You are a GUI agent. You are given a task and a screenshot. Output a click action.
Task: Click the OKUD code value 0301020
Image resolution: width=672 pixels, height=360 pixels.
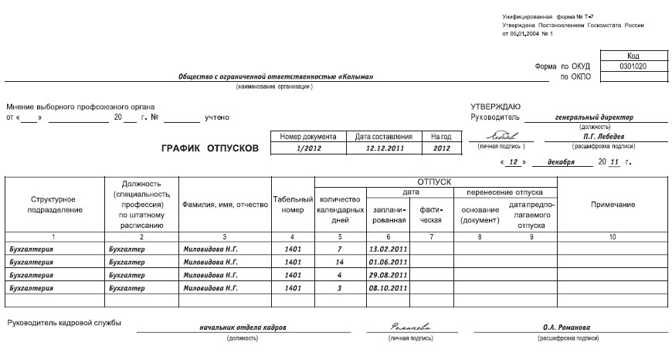(633, 66)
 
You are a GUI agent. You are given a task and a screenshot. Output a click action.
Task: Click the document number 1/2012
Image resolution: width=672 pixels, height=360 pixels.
(308, 148)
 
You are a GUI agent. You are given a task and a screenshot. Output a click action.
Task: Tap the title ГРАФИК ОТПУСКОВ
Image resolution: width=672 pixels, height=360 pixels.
(210, 148)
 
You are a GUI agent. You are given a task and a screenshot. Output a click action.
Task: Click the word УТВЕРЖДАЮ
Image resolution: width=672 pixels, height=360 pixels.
(495, 107)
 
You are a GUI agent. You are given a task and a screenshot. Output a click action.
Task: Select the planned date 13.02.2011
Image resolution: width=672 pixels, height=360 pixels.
(388, 250)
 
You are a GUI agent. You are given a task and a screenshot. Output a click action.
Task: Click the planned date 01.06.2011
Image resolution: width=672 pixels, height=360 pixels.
(388, 262)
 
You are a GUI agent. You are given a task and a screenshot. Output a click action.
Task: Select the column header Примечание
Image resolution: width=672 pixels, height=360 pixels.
(613, 205)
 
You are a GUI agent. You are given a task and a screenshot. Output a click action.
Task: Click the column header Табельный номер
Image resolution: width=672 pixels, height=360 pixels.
(292, 205)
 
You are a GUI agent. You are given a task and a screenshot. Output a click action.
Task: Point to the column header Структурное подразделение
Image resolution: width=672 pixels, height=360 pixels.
(53, 205)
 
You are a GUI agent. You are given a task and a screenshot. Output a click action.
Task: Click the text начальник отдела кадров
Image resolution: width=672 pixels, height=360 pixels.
(242, 328)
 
